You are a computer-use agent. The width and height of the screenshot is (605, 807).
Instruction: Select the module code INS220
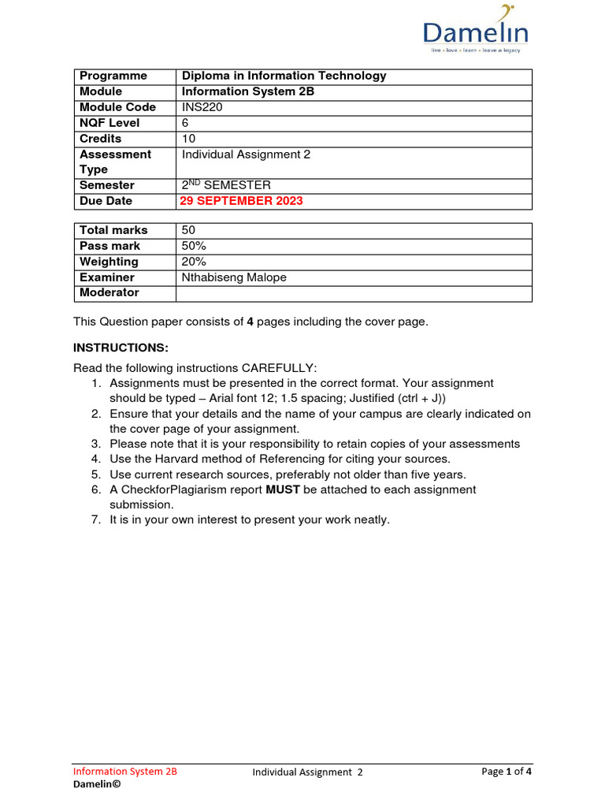[x=202, y=107]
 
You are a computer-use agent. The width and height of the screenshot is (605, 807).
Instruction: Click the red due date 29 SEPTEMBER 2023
[x=242, y=201]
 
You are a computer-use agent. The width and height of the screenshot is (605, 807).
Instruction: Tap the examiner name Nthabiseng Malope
[x=234, y=277]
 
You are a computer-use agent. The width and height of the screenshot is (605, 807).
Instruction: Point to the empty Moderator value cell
[x=354, y=293]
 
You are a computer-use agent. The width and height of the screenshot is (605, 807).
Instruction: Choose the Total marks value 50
[x=189, y=230]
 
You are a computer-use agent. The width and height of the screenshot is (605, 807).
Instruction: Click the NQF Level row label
[x=109, y=123]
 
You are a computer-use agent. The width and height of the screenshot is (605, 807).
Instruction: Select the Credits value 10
[x=189, y=139]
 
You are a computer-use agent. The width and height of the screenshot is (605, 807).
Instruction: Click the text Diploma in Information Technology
[x=284, y=76]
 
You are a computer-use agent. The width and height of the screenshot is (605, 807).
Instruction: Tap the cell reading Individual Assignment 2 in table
[x=246, y=154]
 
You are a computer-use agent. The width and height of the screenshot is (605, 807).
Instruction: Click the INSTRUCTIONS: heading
[x=121, y=348]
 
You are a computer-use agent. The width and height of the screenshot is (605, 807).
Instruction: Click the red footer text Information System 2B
[x=125, y=772]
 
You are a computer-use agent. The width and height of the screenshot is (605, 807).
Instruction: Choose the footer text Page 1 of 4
[x=506, y=772]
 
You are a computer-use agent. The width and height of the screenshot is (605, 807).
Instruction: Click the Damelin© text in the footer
[x=97, y=785]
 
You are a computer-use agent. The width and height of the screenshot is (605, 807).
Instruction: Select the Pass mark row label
[x=109, y=246]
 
